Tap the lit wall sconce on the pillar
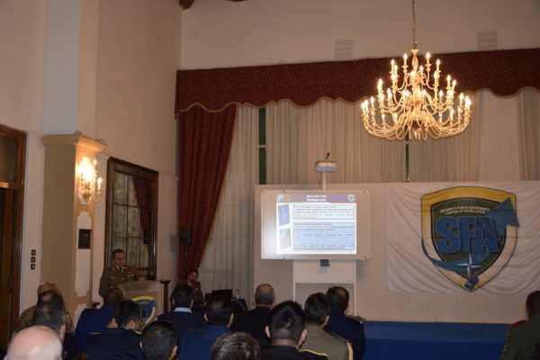(88, 178)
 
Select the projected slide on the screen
(316, 223)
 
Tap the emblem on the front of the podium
(145, 306)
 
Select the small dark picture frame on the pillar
(84, 238)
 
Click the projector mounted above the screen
(326, 166)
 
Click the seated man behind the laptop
(191, 282)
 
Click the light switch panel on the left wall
(32, 258)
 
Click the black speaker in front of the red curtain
(184, 237)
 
